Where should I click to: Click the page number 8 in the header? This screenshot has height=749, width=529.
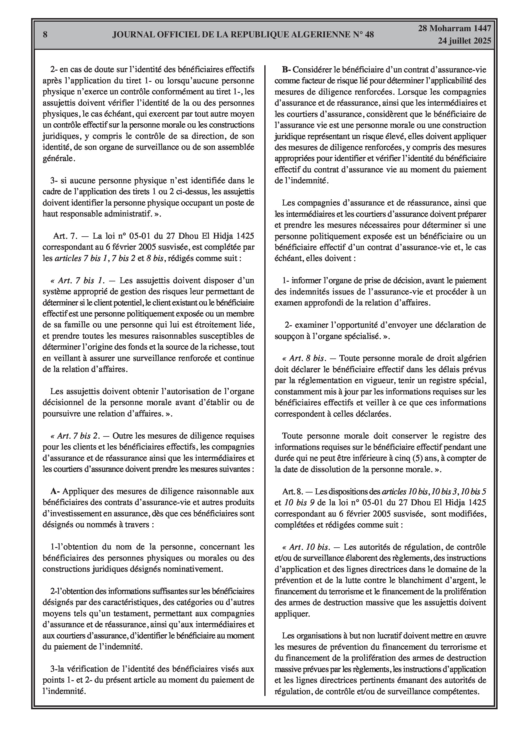point(45,35)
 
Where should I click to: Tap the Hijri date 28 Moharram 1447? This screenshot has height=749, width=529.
point(455,29)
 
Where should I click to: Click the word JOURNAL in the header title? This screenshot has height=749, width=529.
point(134,35)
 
